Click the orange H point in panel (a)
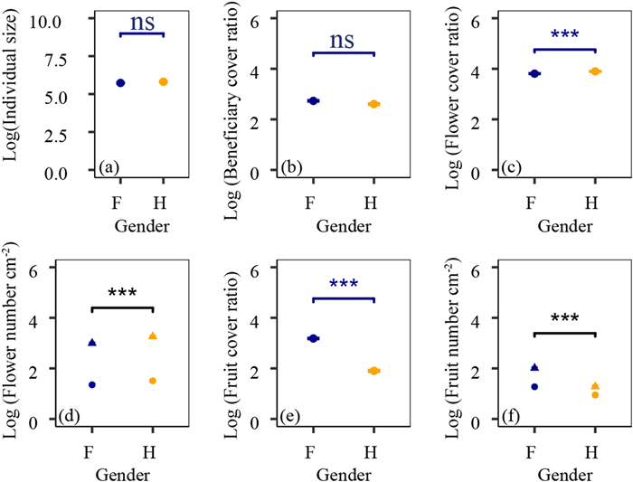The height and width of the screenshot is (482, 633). click(x=163, y=82)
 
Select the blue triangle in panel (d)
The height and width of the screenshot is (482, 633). click(x=92, y=343)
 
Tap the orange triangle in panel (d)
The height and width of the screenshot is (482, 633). click(x=153, y=336)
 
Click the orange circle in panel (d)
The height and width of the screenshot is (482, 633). click(x=153, y=381)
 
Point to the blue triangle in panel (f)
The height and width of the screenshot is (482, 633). click(x=534, y=367)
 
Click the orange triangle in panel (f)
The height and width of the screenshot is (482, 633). click(x=595, y=386)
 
